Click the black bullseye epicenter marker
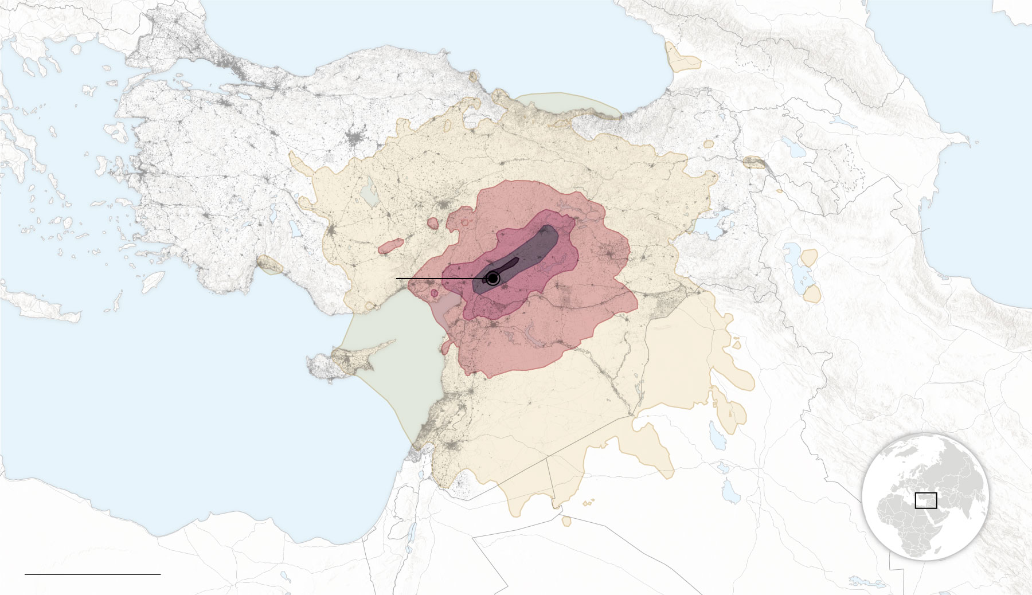(492, 279)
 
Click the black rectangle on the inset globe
(925, 500)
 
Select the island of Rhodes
(153, 281)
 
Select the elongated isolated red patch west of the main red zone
(390, 247)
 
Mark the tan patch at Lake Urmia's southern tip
(811, 294)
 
